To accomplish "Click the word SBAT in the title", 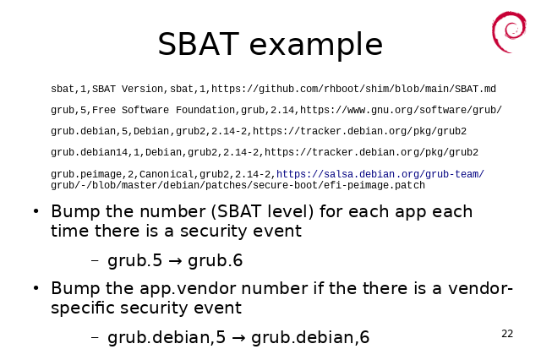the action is [199, 44].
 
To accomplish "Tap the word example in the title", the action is [315, 45].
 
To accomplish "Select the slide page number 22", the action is [507, 334].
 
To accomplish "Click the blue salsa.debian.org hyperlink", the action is [380, 174].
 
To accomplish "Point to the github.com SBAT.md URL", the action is [353, 89].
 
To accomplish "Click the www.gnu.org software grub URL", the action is [401, 110].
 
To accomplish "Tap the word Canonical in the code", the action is [167, 174].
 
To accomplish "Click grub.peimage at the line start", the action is [86, 174].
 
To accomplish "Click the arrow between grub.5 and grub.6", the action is [175, 261].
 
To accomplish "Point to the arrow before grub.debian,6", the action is [238, 338].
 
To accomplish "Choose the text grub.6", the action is [216, 260].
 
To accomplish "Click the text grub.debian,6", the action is [310, 337].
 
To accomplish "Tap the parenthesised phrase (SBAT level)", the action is [262, 211].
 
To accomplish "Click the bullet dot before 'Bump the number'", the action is [36, 211].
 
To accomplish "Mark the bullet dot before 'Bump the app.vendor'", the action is [36, 288].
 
